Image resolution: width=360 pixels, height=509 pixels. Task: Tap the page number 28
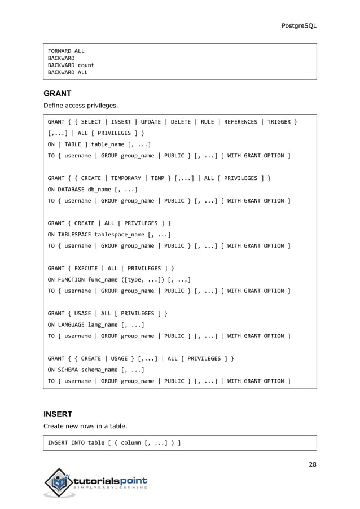click(x=312, y=464)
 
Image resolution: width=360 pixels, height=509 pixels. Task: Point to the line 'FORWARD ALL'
click(x=65, y=51)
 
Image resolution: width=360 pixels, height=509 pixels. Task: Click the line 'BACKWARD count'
click(x=71, y=65)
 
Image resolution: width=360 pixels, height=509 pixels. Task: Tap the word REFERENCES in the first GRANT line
click(x=243, y=122)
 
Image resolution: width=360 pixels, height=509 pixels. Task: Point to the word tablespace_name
click(x=120, y=235)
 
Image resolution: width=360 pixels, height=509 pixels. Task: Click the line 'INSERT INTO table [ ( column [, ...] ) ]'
click(x=114, y=442)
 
